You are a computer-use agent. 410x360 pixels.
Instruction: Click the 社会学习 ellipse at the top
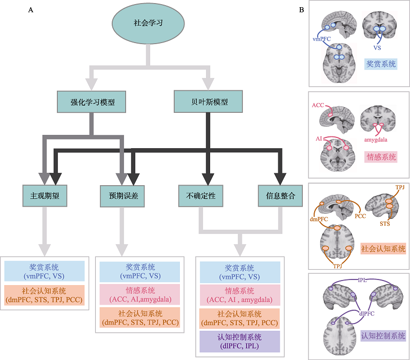pyautogui.click(x=148, y=24)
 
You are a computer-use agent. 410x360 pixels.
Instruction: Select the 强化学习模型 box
pyautogui.click(x=91, y=102)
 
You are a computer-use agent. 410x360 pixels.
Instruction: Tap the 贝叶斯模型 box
pyautogui.click(x=208, y=101)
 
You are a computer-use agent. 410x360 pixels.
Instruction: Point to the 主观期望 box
pyautogui.click(x=45, y=196)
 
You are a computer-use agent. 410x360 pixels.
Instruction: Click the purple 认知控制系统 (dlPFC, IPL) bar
pyautogui.click(x=240, y=342)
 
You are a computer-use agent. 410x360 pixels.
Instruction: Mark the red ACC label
pyautogui.click(x=318, y=106)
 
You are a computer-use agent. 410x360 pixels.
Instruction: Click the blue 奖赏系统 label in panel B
pyautogui.click(x=381, y=64)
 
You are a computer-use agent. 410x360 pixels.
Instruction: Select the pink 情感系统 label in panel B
pyautogui.click(x=381, y=157)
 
